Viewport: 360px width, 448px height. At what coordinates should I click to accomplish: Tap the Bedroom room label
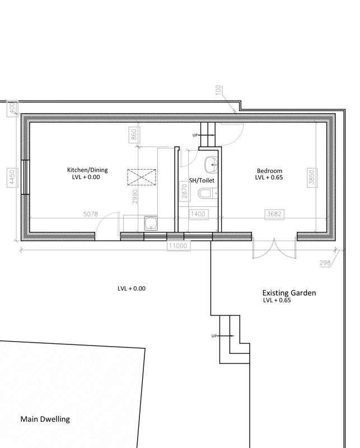269,171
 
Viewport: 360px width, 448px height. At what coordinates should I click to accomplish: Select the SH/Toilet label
202,180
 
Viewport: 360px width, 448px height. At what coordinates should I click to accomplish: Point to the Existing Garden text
289,293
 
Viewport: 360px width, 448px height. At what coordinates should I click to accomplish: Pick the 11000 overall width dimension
178,245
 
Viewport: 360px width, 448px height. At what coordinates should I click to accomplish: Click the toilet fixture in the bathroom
205,194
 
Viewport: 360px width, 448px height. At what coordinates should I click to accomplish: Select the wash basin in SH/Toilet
211,164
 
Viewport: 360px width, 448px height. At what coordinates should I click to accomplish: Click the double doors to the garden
274,248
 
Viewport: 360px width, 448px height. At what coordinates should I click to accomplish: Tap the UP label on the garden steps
214,336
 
